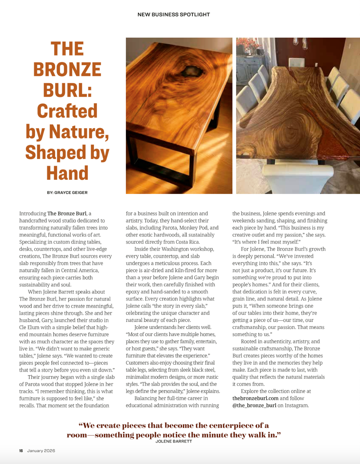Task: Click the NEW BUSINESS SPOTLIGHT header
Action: click(x=174, y=14)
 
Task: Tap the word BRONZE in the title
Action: click(x=67, y=70)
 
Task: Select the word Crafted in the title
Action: click(x=67, y=111)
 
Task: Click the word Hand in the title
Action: click(x=67, y=173)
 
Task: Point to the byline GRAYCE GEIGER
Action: click(x=71, y=193)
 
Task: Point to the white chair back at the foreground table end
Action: click(x=301, y=178)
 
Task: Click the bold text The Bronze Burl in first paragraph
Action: click(x=67, y=213)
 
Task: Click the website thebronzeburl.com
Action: click(x=255, y=398)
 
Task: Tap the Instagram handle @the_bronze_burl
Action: click(x=254, y=405)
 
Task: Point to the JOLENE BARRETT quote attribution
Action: click(x=174, y=441)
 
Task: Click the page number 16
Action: click(x=21, y=451)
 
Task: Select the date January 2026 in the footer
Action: click(x=41, y=451)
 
